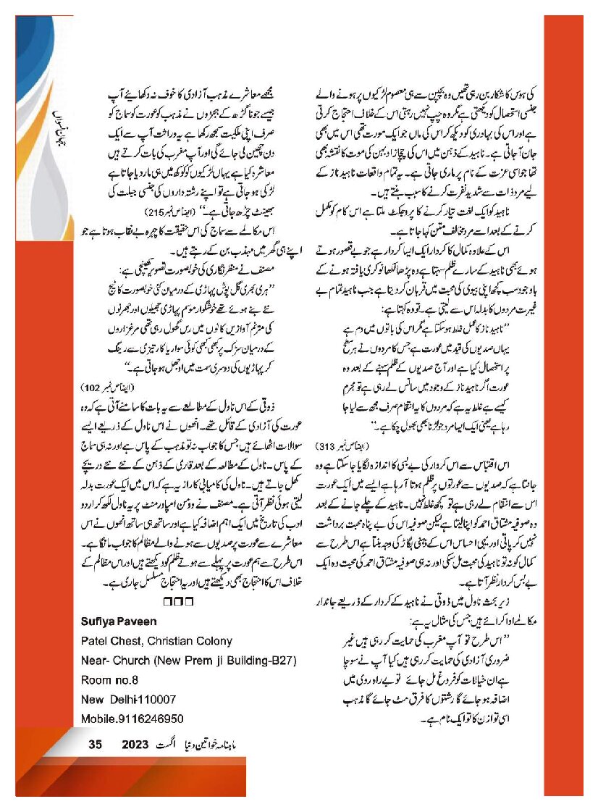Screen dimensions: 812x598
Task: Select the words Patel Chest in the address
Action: point(108,640)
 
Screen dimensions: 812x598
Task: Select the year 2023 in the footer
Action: point(135,744)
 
